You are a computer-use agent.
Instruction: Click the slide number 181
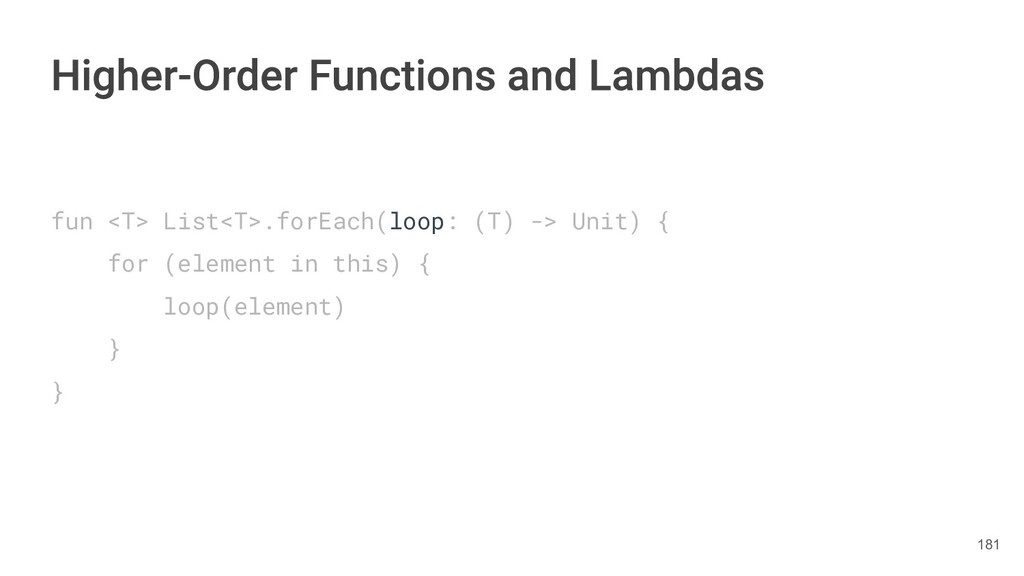988,545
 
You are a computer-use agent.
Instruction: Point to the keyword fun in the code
71,221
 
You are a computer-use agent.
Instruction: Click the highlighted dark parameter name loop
416,221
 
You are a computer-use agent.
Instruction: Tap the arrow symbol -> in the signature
543,221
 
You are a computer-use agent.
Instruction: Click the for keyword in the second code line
127,264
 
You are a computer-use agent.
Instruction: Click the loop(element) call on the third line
254,307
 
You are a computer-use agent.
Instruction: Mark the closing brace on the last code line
58,393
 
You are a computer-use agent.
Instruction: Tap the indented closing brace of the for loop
114,350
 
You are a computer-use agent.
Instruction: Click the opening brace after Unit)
662,221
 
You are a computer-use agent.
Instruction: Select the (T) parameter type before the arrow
494,221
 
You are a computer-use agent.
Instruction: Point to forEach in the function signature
325,221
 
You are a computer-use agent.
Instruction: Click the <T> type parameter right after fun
127,221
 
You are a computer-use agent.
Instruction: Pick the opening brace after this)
423,264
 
